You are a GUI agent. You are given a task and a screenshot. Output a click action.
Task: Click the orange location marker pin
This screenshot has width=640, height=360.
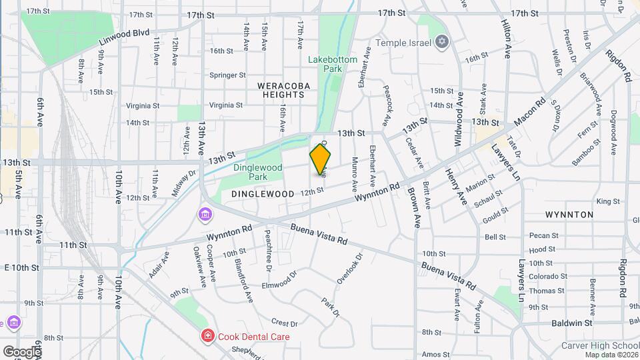click(x=321, y=159)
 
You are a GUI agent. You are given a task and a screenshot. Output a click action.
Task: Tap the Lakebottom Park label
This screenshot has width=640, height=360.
click(x=333, y=64)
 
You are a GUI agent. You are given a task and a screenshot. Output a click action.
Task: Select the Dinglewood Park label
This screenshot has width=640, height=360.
click(x=258, y=172)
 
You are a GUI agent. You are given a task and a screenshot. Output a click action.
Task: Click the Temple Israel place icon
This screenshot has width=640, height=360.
click(x=441, y=43)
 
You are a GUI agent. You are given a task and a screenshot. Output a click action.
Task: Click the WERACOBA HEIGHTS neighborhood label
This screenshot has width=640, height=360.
click(x=281, y=90)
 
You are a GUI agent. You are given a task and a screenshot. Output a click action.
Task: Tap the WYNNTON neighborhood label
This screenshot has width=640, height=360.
click(x=569, y=215)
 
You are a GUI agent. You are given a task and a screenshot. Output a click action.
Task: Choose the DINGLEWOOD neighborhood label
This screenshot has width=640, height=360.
click(x=263, y=193)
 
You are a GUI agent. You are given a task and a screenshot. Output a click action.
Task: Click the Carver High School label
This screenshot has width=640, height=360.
click(x=600, y=345)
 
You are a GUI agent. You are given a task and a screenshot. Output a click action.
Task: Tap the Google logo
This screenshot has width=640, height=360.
click(x=21, y=351)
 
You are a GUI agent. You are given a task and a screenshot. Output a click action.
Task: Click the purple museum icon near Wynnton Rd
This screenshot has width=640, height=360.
click(x=205, y=214)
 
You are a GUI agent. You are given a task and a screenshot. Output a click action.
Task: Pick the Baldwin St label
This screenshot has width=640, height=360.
click(x=572, y=323)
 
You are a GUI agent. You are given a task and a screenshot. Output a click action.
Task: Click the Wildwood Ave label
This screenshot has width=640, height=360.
click(x=459, y=112)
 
